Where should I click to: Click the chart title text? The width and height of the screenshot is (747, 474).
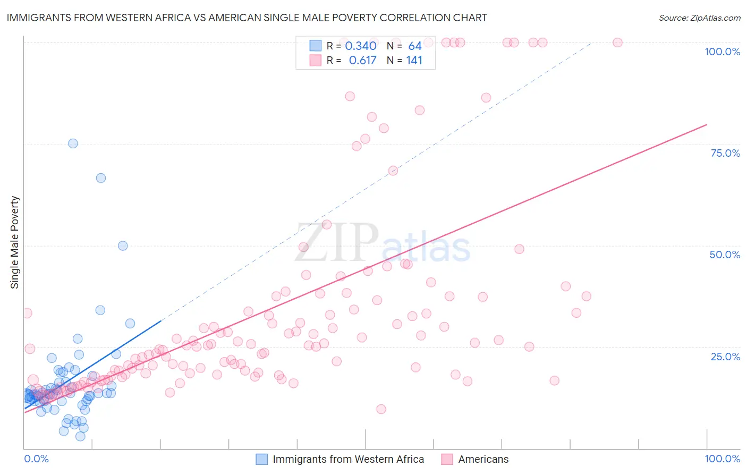coord(247,18)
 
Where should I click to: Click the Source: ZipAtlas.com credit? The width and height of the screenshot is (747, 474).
coord(699,18)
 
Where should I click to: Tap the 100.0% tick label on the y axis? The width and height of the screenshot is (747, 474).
coord(722,52)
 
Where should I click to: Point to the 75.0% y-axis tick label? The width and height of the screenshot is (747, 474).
coord(725,153)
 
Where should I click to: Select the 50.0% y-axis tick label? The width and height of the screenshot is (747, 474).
coord(725,255)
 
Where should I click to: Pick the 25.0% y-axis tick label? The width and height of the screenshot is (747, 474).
coord(725,356)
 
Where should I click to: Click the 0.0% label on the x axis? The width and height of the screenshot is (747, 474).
coord(36,459)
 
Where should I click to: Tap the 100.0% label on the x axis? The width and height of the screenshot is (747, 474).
coord(722,459)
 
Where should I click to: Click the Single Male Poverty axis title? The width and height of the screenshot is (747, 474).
coord(15,242)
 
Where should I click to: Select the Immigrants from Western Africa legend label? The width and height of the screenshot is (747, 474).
coord(348,459)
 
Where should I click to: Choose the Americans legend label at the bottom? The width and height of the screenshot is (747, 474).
coord(483,459)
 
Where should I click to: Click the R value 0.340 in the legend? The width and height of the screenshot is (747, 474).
coord(361,46)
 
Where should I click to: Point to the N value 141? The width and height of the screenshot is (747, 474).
coord(414,61)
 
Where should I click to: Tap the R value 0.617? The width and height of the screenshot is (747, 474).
coord(362,61)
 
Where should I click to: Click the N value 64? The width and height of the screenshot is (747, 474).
coord(414,46)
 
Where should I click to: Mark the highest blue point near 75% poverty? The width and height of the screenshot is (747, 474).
coord(73,143)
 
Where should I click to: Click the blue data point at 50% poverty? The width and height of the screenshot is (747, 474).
coord(123,246)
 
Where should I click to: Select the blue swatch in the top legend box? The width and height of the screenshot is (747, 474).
coord(316,46)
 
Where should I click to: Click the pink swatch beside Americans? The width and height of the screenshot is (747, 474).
coord(447,459)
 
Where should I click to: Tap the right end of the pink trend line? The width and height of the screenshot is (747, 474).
coord(707,124)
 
